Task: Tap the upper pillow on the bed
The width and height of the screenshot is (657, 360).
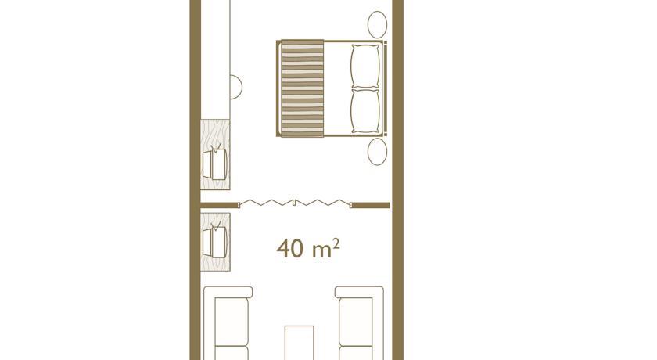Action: (x=365, y=67)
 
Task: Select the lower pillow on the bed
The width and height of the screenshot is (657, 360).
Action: (x=365, y=111)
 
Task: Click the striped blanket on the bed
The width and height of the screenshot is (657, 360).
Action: (x=302, y=88)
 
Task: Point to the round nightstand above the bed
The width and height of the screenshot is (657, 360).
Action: (x=377, y=25)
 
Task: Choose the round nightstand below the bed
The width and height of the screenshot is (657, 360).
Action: (x=377, y=152)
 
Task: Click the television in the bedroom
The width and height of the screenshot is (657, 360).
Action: (x=215, y=163)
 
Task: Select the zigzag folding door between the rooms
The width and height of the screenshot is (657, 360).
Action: (x=295, y=203)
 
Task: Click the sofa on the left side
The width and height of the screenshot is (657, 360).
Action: (x=228, y=323)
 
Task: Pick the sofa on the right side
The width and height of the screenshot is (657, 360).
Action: (x=359, y=323)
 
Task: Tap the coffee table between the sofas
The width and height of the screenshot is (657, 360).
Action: (x=299, y=343)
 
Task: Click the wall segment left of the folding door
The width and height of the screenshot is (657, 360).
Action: (x=219, y=205)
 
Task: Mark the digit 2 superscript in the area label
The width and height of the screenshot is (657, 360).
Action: (x=336, y=243)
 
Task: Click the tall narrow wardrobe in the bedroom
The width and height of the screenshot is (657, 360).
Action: (x=215, y=59)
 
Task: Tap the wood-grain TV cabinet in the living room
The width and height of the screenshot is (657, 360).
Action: (x=215, y=242)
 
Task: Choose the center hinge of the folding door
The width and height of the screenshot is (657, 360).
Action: (x=295, y=203)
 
